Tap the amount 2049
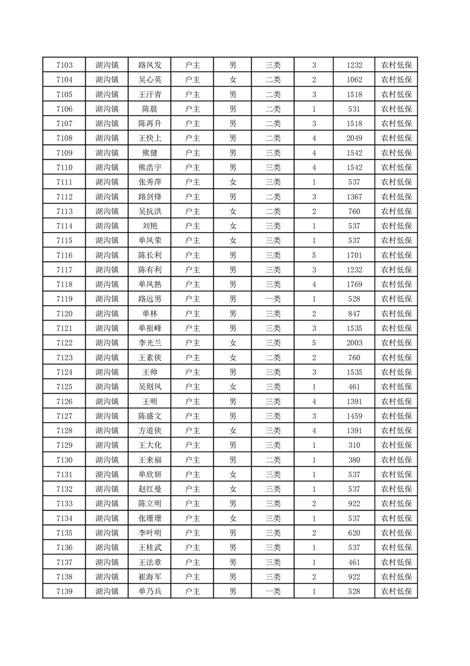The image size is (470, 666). point(354,138)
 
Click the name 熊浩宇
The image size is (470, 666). point(149,167)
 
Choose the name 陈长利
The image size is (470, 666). point(149,255)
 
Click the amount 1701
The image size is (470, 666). point(354,255)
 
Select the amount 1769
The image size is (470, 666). point(354,284)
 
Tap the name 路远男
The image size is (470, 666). point(149,299)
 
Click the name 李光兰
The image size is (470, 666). point(149,343)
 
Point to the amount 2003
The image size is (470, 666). point(354,343)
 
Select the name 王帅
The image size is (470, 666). point(149,372)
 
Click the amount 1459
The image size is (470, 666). point(354,416)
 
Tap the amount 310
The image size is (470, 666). point(354,445)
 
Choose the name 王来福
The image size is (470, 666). point(149,460)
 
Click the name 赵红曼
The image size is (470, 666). point(149,489)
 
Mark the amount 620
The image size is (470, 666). point(354,533)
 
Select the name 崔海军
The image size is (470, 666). point(149,577)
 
